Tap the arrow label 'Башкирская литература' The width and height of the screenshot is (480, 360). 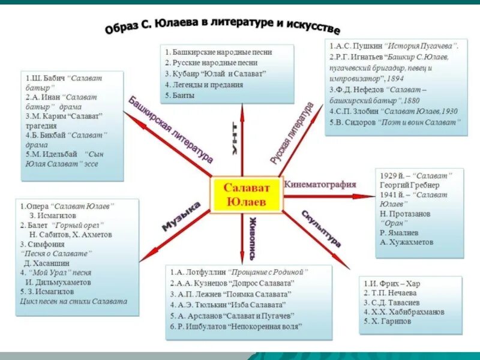tap(170, 129)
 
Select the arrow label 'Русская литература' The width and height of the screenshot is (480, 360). tap(292, 133)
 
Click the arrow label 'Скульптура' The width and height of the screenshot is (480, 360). tap(321, 229)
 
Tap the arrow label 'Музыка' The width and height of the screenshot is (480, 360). tap(181, 217)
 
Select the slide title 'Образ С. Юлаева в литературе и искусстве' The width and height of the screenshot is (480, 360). tap(222, 26)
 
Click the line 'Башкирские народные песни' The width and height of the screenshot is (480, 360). tap(218, 52)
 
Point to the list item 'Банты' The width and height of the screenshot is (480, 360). tap(181, 95)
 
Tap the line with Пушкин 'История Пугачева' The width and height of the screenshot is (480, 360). tap(393, 46)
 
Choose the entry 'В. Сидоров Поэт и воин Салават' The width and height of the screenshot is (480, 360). tap(394, 122)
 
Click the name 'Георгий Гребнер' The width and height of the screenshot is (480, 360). tap(409, 185)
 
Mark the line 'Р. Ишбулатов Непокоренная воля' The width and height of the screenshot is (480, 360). tap(236, 327)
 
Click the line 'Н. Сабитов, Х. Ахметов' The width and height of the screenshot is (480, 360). tap(70, 235)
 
